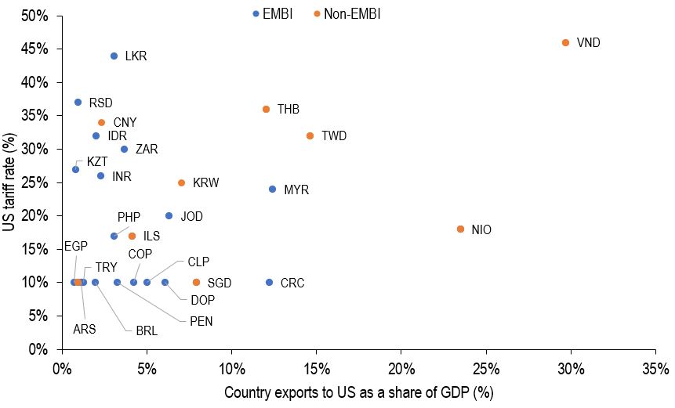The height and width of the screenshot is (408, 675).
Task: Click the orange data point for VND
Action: (x=565, y=42)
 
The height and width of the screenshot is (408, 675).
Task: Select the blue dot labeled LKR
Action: (x=114, y=56)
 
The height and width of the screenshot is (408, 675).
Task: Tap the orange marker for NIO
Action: (x=460, y=229)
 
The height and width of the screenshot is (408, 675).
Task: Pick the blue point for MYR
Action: (x=272, y=189)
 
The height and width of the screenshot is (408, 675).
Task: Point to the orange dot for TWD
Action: (x=310, y=135)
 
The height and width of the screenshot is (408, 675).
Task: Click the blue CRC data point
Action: (x=269, y=282)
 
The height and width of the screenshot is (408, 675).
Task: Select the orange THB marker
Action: (x=266, y=109)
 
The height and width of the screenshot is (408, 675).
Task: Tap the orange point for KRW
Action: (x=181, y=182)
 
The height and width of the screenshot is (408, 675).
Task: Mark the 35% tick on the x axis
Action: (x=655, y=368)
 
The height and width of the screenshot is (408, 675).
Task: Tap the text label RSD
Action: (x=100, y=103)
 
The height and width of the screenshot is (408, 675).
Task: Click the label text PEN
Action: (x=201, y=320)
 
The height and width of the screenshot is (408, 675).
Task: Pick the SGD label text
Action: (x=220, y=283)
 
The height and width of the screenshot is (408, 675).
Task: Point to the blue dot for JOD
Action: (x=169, y=215)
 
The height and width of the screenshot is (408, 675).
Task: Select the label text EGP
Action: (x=76, y=245)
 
